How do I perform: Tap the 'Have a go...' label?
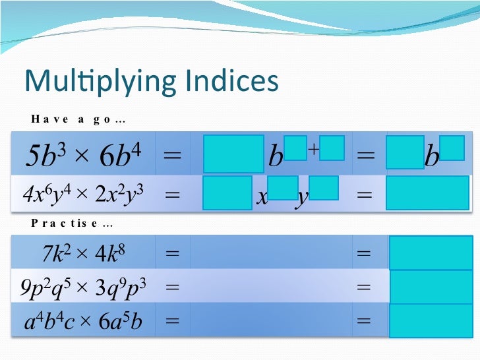[x=79, y=119]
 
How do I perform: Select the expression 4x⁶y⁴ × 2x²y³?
[x=83, y=195]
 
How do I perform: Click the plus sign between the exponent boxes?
[x=313, y=150]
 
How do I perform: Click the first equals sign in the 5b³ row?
[x=172, y=156]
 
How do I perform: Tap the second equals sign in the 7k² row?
[x=363, y=253]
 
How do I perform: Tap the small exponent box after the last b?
[x=452, y=148]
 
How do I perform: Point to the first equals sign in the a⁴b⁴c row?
[x=172, y=321]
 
